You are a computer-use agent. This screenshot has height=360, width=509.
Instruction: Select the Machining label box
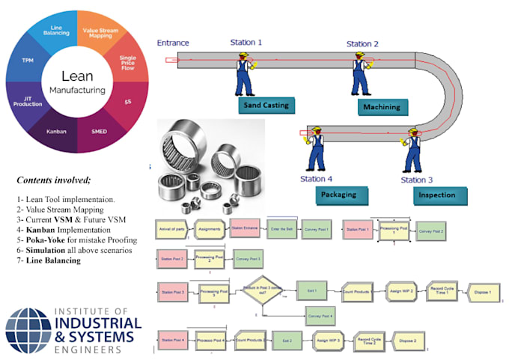click(381, 107)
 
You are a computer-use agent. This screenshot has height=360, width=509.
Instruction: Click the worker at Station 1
click(244, 73)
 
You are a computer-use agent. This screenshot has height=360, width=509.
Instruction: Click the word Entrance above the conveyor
click(173, 43)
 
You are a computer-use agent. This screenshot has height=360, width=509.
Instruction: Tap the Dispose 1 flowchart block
click(477, 292)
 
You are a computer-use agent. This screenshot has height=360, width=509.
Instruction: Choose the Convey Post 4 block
click(320, 317)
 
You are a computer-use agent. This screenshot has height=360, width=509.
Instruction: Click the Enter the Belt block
click(284, 228)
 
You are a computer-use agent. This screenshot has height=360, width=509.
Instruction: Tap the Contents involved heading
click(54, 180)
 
